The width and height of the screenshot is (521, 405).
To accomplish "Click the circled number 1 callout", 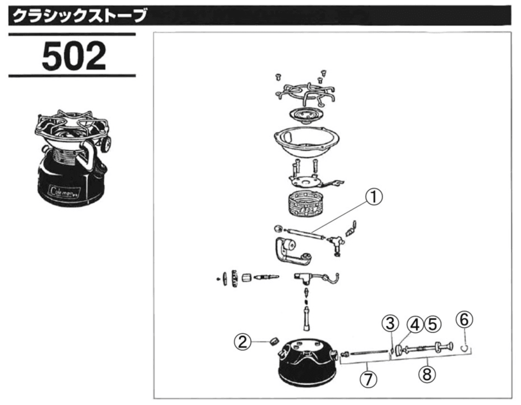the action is pos(374,197).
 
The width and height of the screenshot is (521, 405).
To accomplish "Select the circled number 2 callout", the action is pos(243,341).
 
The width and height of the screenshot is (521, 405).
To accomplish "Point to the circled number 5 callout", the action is pos(432,324).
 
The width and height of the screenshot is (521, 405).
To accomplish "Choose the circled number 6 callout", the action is pos(464,320).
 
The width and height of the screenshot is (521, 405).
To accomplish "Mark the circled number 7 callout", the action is pos(368,379).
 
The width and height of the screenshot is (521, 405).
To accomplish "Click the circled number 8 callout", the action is pos(427,374).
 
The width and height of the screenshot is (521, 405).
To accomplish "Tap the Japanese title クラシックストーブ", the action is pos(79,16).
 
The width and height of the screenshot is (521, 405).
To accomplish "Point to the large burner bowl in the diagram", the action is pos(307,141).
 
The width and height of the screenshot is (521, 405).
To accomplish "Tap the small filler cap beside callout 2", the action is pos(274,341).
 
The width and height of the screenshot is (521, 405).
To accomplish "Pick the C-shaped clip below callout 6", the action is pos(465,348).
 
